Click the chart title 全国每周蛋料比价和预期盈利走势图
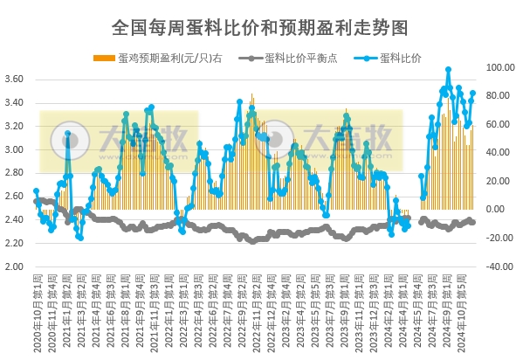261,28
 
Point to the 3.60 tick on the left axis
15,80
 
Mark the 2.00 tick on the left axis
15,267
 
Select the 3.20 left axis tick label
15,127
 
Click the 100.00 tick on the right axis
500,67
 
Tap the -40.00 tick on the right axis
500,267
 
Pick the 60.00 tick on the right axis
500,124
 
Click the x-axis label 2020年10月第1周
37,310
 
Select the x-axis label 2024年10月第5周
472,310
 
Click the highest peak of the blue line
448,69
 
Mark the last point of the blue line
473,93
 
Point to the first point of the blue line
36,190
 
